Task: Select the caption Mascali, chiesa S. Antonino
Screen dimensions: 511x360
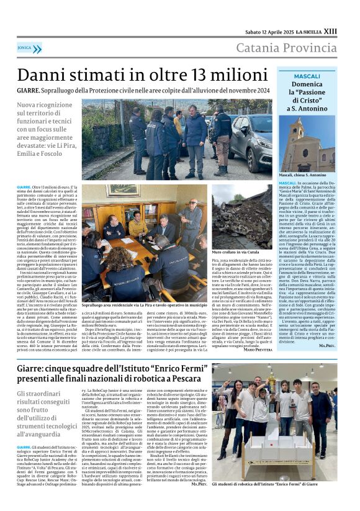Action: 290,176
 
